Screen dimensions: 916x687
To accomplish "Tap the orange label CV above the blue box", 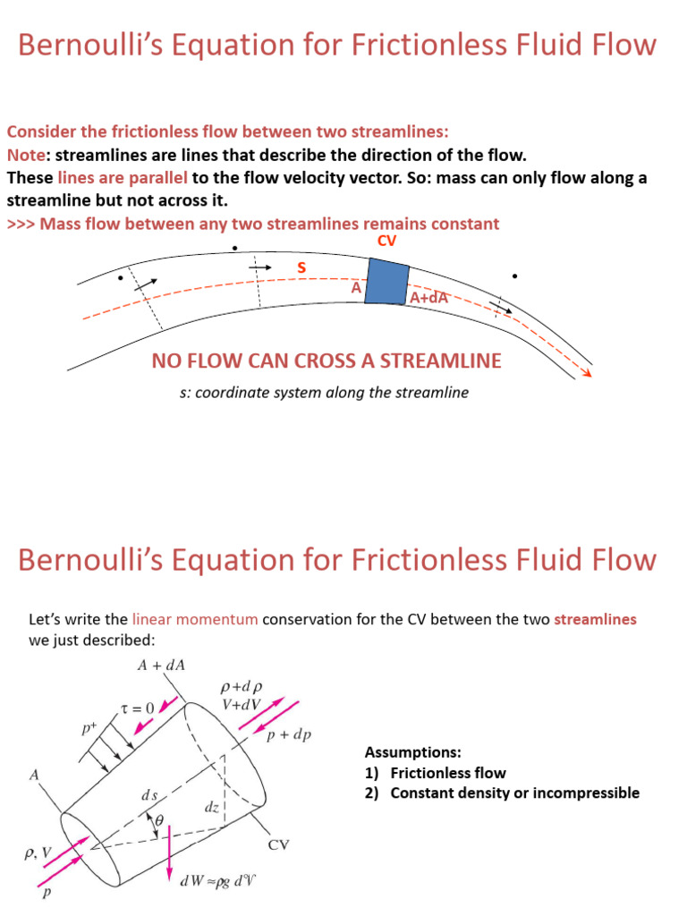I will pos(387,242).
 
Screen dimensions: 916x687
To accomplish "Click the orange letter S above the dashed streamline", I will pos(301,267).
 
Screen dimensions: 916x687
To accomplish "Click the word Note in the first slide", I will pos(24,154).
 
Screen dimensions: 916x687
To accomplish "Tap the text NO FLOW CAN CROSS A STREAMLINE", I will pos(327,360).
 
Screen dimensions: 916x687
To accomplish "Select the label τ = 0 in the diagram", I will pos(138,708).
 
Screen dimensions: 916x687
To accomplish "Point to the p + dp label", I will pos(289,735).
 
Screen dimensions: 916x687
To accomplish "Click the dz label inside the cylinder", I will pos(211,807).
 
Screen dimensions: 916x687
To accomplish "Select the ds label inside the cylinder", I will pos(149,794).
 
